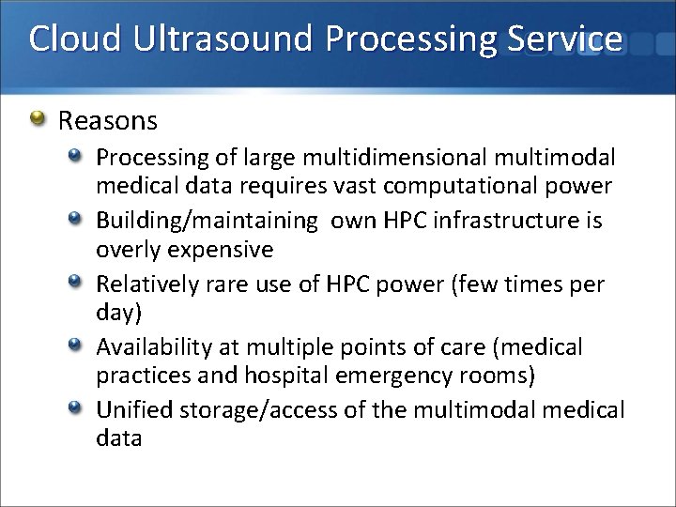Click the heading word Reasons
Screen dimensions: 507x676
click(x=108, y=121)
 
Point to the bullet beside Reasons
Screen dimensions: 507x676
click(x=38, y=119)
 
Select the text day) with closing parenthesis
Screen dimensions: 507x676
click(x=117, y=312)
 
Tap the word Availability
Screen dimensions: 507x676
click(x=153, y=347)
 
